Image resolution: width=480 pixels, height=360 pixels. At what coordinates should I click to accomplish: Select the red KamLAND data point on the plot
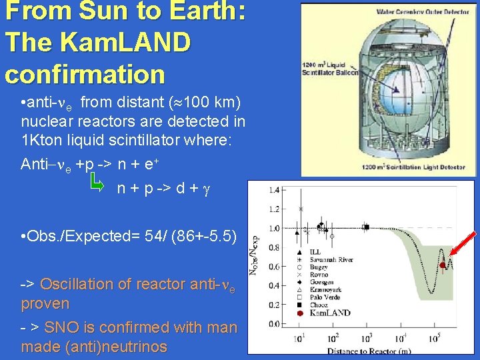click(x=443, y=265)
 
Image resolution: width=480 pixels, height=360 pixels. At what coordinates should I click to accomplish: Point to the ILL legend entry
click(x=316, y=253)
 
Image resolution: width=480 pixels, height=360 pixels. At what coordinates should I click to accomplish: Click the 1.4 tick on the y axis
click(x=273, y=191)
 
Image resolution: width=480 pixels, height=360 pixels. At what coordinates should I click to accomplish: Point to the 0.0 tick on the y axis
click(x=273, y=324)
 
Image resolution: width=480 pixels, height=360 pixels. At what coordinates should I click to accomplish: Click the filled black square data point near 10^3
click(x=366, y=227)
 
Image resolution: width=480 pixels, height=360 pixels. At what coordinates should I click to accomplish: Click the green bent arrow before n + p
click(x=97, y=181)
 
